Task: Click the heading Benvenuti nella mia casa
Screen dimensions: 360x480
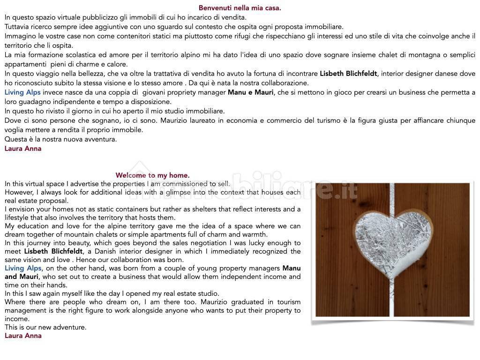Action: tap(240, 8)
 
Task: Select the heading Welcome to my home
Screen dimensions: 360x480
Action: tap(152, 175)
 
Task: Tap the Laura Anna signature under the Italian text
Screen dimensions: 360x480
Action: tap(23, 149)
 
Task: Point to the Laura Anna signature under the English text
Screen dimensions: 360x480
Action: tap(23, 336)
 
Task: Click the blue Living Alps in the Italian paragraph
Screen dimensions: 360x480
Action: tap(22, 92)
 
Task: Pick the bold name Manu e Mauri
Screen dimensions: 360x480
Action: tap(251, 92)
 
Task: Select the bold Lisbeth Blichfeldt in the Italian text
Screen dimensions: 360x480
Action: tap(348, 74)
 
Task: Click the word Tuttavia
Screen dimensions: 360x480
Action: tap(19, 27)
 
